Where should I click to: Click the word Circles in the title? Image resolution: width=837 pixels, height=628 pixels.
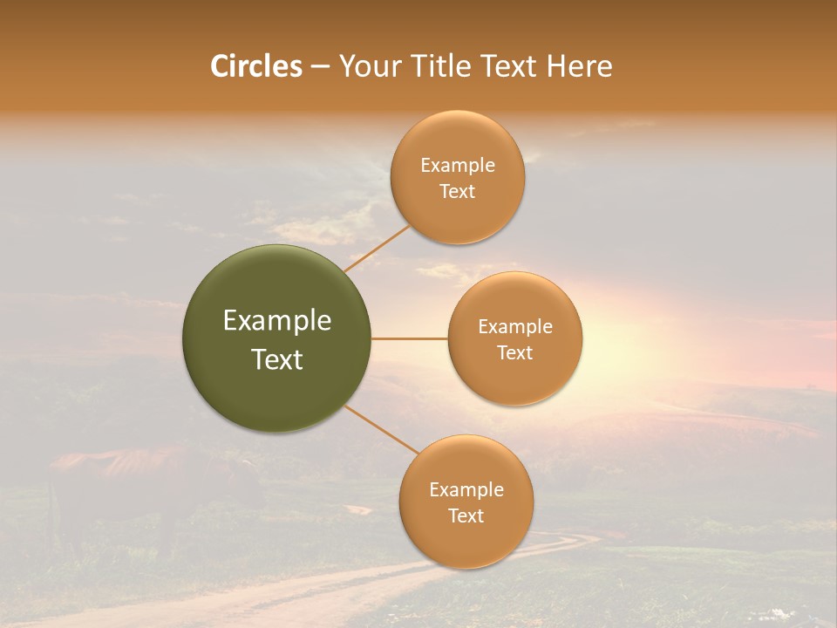pyautogui.click(x=256, y=66)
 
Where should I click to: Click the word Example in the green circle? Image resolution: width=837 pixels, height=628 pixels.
pyautogui.click(x=277, y=321)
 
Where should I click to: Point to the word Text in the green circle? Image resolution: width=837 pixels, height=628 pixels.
pyautogui.click(x=277, y=359)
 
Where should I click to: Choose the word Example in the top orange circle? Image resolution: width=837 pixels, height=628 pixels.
pyautogui.click(x=458, y=166)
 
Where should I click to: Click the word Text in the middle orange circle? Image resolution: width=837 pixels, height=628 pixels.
pyautogui.click(x=515, y=353)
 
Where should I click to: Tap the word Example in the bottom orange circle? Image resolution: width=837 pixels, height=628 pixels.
pyautogui.click(x=466, y=489)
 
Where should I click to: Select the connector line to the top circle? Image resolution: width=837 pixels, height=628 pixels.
pyautogui.click(x=377, y=249)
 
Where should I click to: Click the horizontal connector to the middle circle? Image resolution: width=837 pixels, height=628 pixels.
pyautogui.click(x=409, y=338)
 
